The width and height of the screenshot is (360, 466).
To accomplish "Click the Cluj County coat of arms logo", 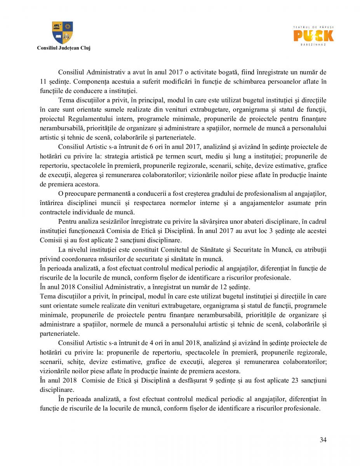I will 63,33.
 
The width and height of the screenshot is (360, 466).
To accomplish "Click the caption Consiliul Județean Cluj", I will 63,48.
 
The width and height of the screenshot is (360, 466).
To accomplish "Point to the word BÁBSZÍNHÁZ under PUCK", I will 313,45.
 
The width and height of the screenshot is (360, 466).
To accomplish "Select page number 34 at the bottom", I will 323,440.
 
